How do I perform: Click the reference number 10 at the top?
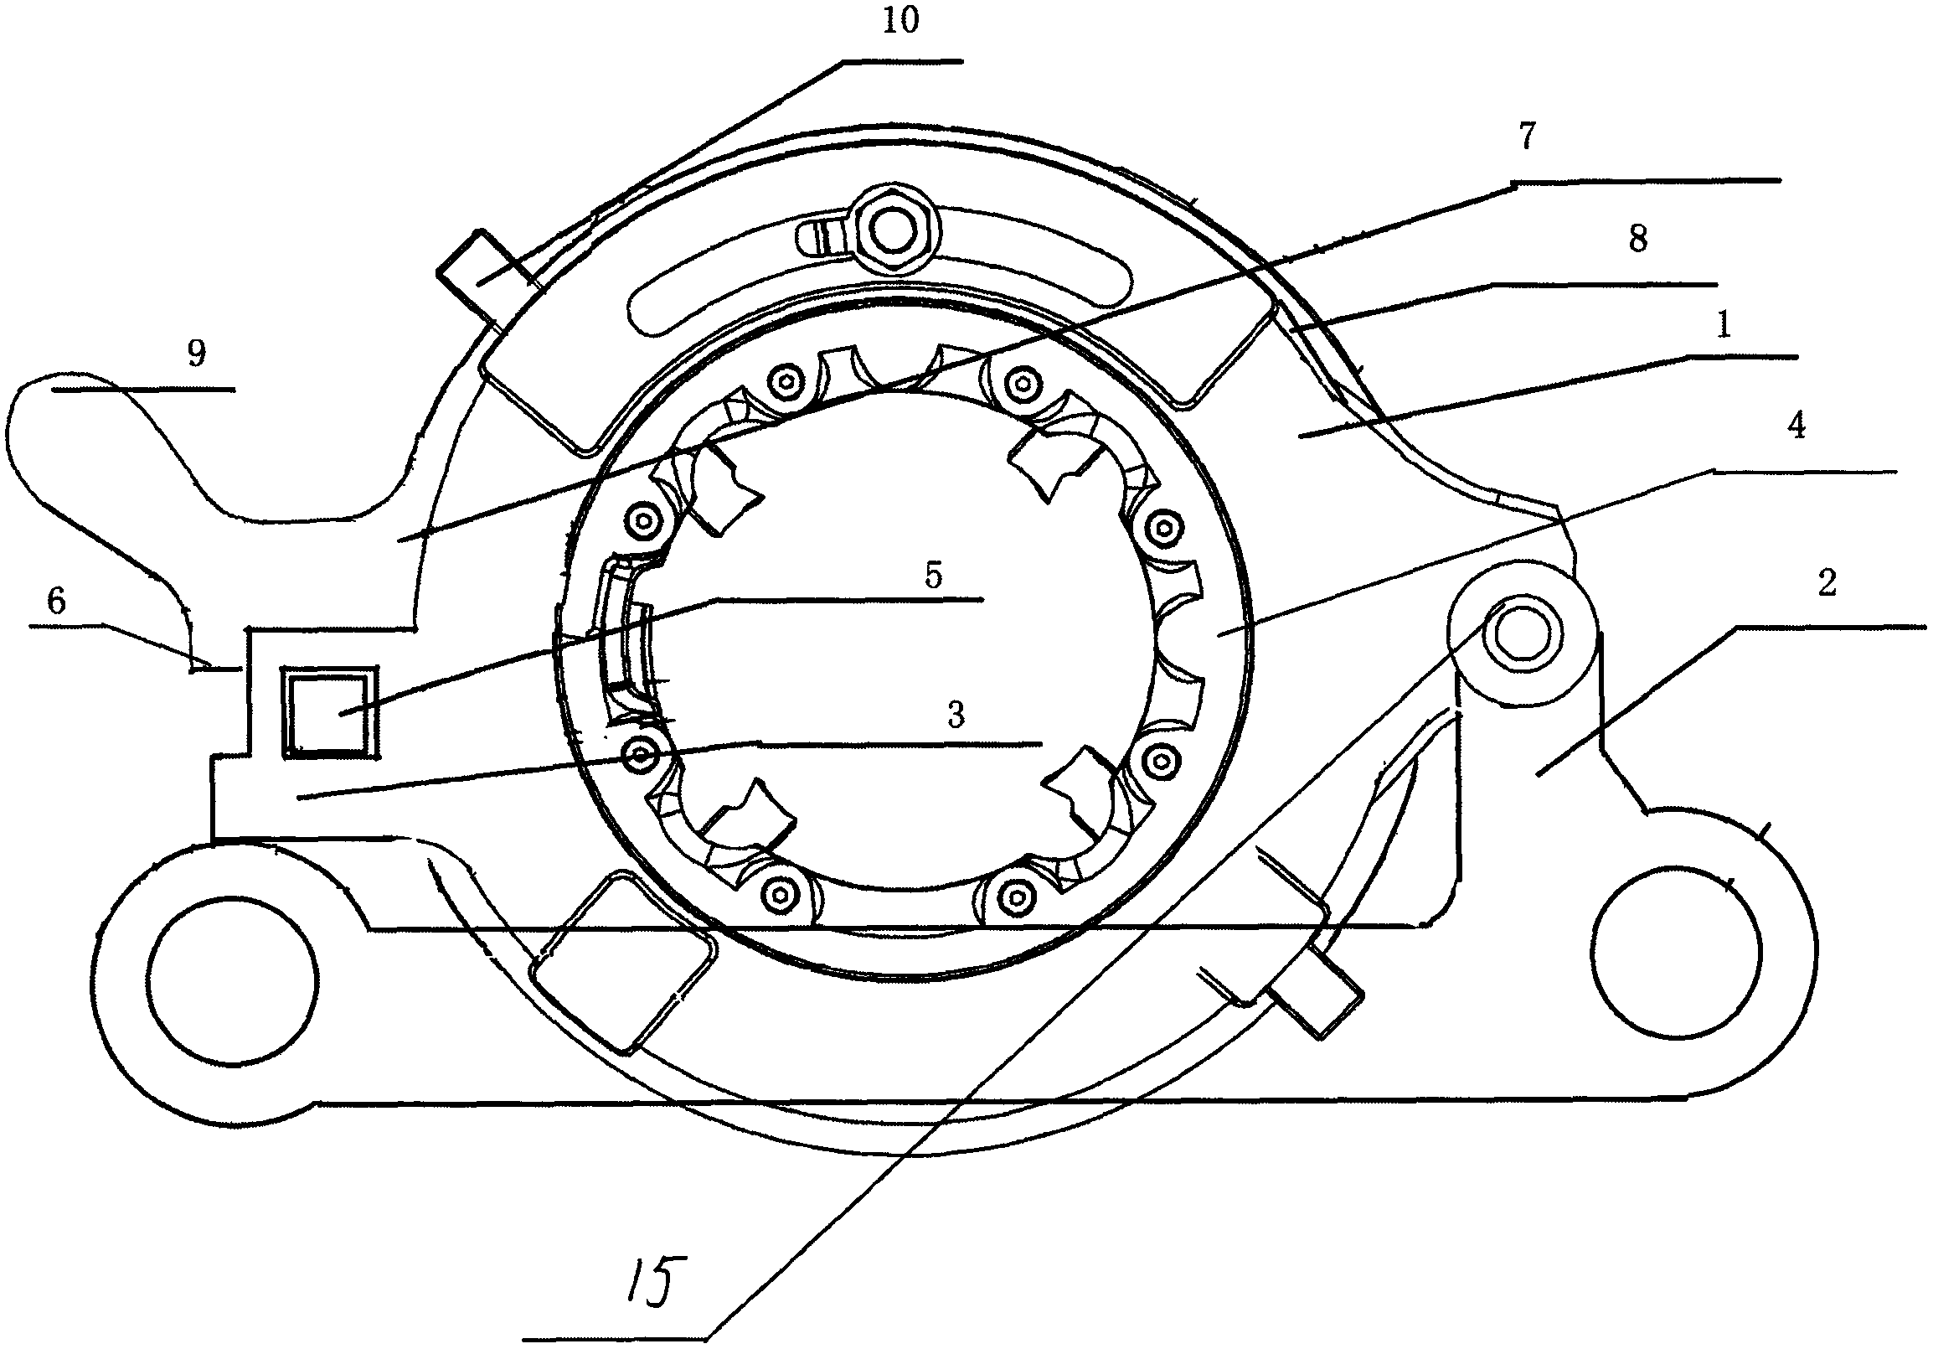901,21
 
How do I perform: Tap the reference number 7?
1526,137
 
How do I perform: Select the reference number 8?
1637,239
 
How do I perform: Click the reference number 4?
1796,427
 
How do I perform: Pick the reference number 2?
1827,582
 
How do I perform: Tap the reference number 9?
196,354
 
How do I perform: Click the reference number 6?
55,602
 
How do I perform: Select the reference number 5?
933,576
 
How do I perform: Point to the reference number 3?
956,715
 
